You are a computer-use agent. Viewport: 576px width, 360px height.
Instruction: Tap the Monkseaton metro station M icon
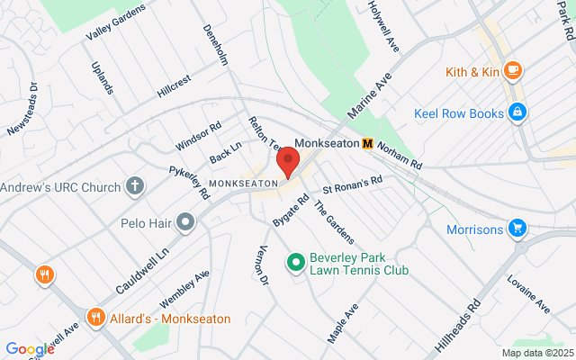coord(368,143)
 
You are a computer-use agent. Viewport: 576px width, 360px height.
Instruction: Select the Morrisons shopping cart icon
coord(517,229)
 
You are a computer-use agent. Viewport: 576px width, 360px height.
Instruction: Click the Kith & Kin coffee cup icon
coord(512,70)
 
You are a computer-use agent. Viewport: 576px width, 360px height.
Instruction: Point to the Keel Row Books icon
coord(517,113)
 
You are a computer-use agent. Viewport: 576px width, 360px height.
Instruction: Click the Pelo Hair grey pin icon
coord(186,220)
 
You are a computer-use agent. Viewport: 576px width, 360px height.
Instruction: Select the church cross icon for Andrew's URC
coord(134,187)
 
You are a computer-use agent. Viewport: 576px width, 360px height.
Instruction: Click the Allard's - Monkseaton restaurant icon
coord(96,318)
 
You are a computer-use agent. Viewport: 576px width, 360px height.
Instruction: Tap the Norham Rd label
coord(400,156)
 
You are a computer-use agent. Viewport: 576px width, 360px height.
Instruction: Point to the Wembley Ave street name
coord(184,287)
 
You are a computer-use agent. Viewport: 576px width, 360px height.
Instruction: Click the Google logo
coord(30,349)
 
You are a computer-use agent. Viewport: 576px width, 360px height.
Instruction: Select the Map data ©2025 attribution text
coord(536,353)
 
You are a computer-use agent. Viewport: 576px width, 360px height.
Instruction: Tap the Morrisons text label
coord(474,229)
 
